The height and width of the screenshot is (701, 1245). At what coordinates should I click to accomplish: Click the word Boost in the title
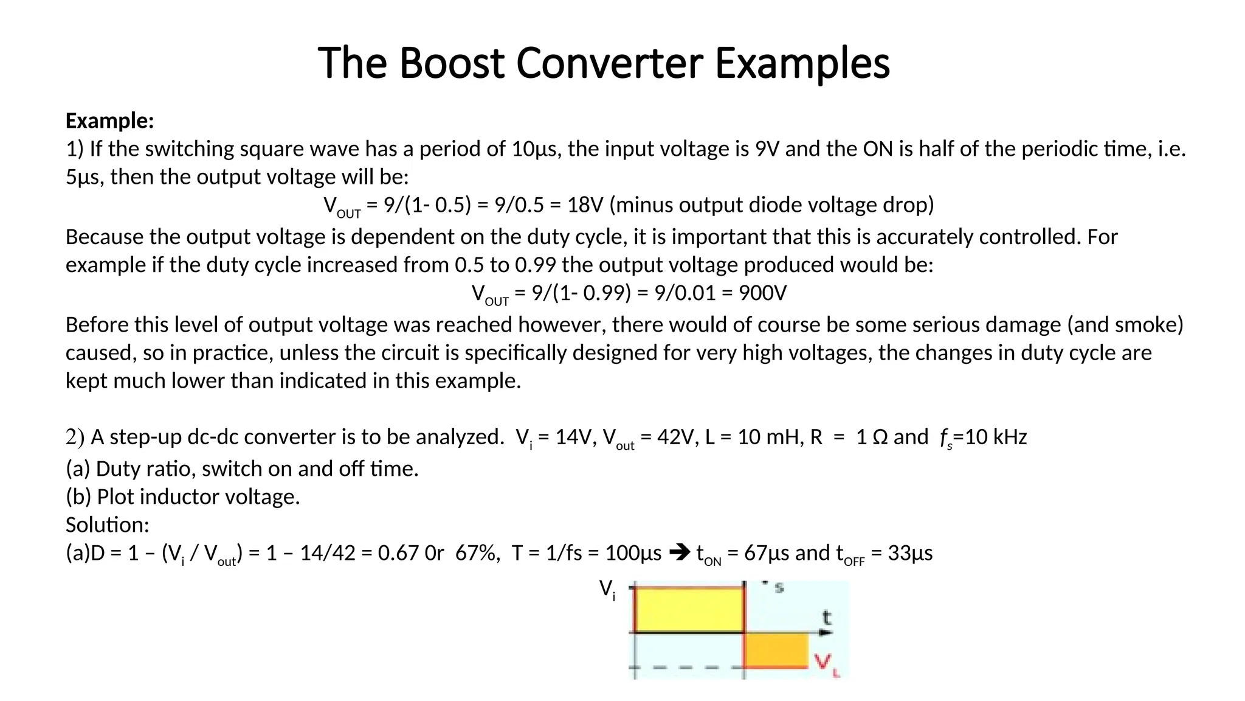tap(452, 63)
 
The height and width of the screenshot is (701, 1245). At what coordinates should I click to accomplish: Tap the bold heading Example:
tap(110, 121)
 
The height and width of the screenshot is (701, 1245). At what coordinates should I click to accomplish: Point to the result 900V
tap(762, 293)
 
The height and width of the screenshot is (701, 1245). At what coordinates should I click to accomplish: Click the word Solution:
tap(107, 525)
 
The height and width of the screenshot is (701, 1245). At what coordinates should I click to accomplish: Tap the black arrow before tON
tap(679, 553)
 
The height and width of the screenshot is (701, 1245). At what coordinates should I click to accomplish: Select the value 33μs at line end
tap(910, 553)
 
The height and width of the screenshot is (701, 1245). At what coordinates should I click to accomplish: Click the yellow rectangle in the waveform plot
tap(689, 610)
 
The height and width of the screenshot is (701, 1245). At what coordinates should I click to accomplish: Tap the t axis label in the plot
tap(826, 618)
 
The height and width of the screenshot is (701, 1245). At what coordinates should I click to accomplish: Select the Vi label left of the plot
tap(607, 589)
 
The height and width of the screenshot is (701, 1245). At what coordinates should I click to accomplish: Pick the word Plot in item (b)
tap(112, 497)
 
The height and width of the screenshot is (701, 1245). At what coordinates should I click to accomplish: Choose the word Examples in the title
tap(802, 63)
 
